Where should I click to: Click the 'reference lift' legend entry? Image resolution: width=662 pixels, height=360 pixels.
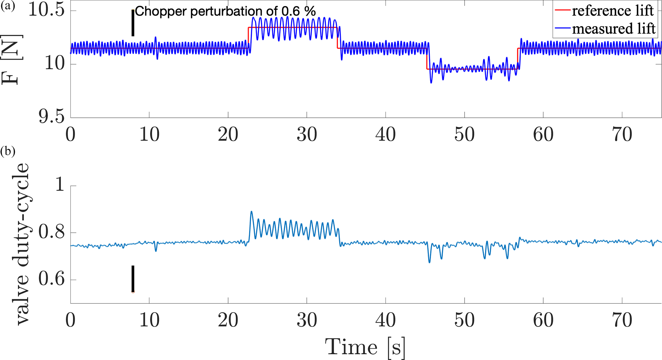pyautogui.click(x=612, y=11)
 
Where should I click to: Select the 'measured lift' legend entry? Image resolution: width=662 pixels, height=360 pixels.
pyautogui.click(x=613, y=28)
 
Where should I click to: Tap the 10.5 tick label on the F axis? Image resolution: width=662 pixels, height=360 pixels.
pyautogui.click(x=46, y=11)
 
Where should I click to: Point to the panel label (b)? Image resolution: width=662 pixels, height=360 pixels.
pyautogui.click(x=8, y=151)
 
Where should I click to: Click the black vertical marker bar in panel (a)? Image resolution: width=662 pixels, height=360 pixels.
pyautogui.click(x=133, y=23)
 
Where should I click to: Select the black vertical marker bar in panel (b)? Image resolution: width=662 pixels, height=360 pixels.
pyautogui.click(x=133, y=279)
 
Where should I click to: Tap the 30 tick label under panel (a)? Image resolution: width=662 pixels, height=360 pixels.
pyautogui.click(x=307, y=135)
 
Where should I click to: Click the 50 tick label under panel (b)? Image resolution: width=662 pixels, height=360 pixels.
pyautogui.click(x=464, y=320)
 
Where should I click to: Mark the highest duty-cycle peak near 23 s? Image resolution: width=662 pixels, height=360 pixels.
pyautogui.click(x=251, y=212)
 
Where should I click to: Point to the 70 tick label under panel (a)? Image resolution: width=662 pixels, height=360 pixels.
pyautogui.click(x=622, y=135)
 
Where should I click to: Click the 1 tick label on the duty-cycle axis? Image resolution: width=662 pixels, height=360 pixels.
pyautogui.click(x=60, y=186)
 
